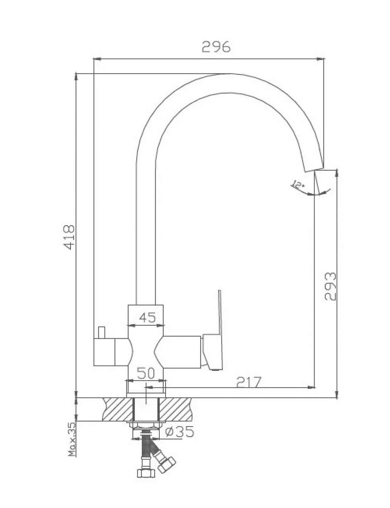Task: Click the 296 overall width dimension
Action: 216,47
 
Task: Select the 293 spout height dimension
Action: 330,286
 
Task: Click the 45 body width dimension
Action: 147,318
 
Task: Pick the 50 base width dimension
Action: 146,373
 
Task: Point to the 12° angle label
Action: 298,184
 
